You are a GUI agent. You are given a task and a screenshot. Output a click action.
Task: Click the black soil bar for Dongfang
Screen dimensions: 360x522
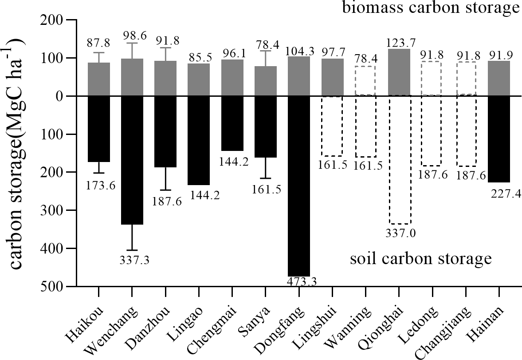point(299,186)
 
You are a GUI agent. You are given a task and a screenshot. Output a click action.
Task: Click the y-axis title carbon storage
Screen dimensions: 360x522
point(18,153)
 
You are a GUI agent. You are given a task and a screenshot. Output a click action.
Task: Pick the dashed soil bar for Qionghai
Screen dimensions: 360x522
point(399,160)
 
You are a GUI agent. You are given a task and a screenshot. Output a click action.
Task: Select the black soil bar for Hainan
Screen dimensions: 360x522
point(499,139)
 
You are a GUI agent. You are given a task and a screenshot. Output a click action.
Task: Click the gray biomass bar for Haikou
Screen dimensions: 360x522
point(99,79)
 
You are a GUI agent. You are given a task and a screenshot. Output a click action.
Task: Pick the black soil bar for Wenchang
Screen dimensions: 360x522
point(132,160)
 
